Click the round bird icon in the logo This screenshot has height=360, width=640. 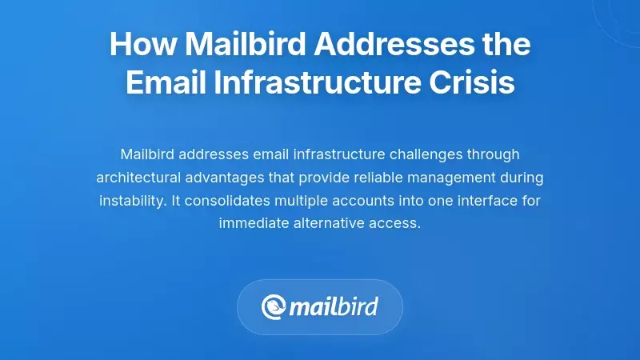tap(274, 307)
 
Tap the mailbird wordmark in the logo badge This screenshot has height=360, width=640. tap(333, 307)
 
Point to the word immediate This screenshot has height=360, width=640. tap(254, 223)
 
